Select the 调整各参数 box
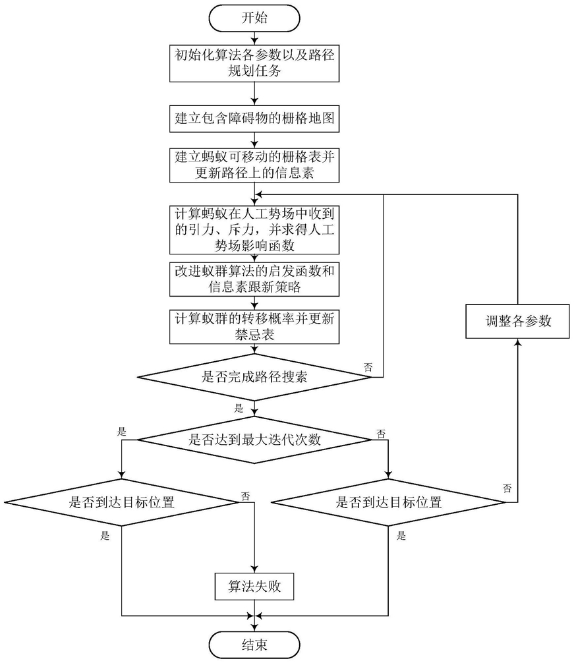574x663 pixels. click(517, 322)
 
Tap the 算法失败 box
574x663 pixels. click(254, 586)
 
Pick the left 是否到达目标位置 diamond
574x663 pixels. click(122, 502)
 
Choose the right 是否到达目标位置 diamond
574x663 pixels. click(388, 502)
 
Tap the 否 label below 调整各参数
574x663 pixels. click(507, 488)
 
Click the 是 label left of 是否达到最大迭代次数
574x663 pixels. click(121, 432)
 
